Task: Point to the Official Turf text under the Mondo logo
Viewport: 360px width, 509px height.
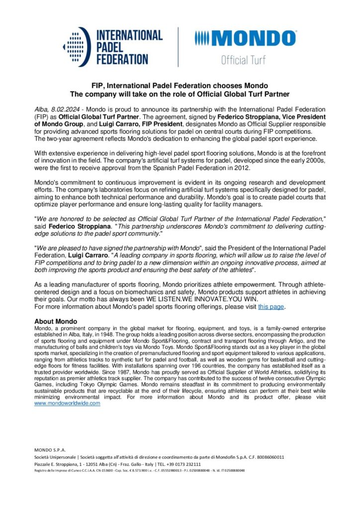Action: [x=243, y=60]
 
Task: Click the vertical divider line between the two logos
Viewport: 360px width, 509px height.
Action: [x=179, y=47]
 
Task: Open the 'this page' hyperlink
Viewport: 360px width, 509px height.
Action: [x=271, y=307]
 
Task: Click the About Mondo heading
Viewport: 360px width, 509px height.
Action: [x=55, y=321]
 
